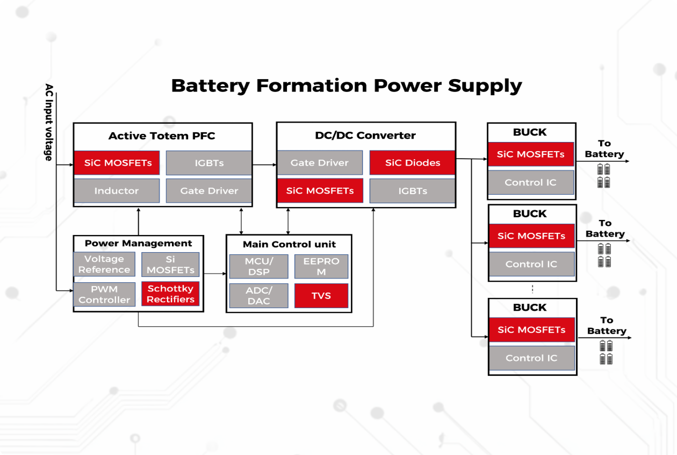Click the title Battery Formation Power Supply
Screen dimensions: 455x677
click(x=347, y=86)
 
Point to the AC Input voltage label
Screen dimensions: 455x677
click(x=49, y=123)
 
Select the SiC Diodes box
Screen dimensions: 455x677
click(x=412, y=163)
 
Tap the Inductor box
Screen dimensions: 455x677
click(x=117, y=191)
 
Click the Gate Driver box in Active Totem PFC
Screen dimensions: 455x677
click(x=209, y=191)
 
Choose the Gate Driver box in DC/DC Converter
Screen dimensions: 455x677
click(x=320, y=163)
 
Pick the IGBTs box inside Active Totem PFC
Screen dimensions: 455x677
click(x=209, y=163)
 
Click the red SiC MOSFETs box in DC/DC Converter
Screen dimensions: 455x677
click(x=320, y=191)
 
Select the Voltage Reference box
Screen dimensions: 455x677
click(x=104, y=265)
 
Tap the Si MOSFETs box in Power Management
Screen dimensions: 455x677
click(x=170, y=265)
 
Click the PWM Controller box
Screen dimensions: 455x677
click(x=104, y=295)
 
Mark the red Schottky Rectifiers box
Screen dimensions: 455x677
click(x=170, y=294)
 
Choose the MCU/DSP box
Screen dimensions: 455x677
click(x=258, y=267)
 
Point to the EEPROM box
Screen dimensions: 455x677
click(x=321, y=267)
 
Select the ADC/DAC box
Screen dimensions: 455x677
click(x=258, y=296)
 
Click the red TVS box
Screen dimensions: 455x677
click(x=321, y=296)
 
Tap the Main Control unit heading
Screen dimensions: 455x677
click(x=289, y=244)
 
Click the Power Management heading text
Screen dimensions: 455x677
click(x=139, y=244)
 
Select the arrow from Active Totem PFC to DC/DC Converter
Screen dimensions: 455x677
click(x=264, y=165)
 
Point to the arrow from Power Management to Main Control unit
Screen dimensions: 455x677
click(x=215, y=274)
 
